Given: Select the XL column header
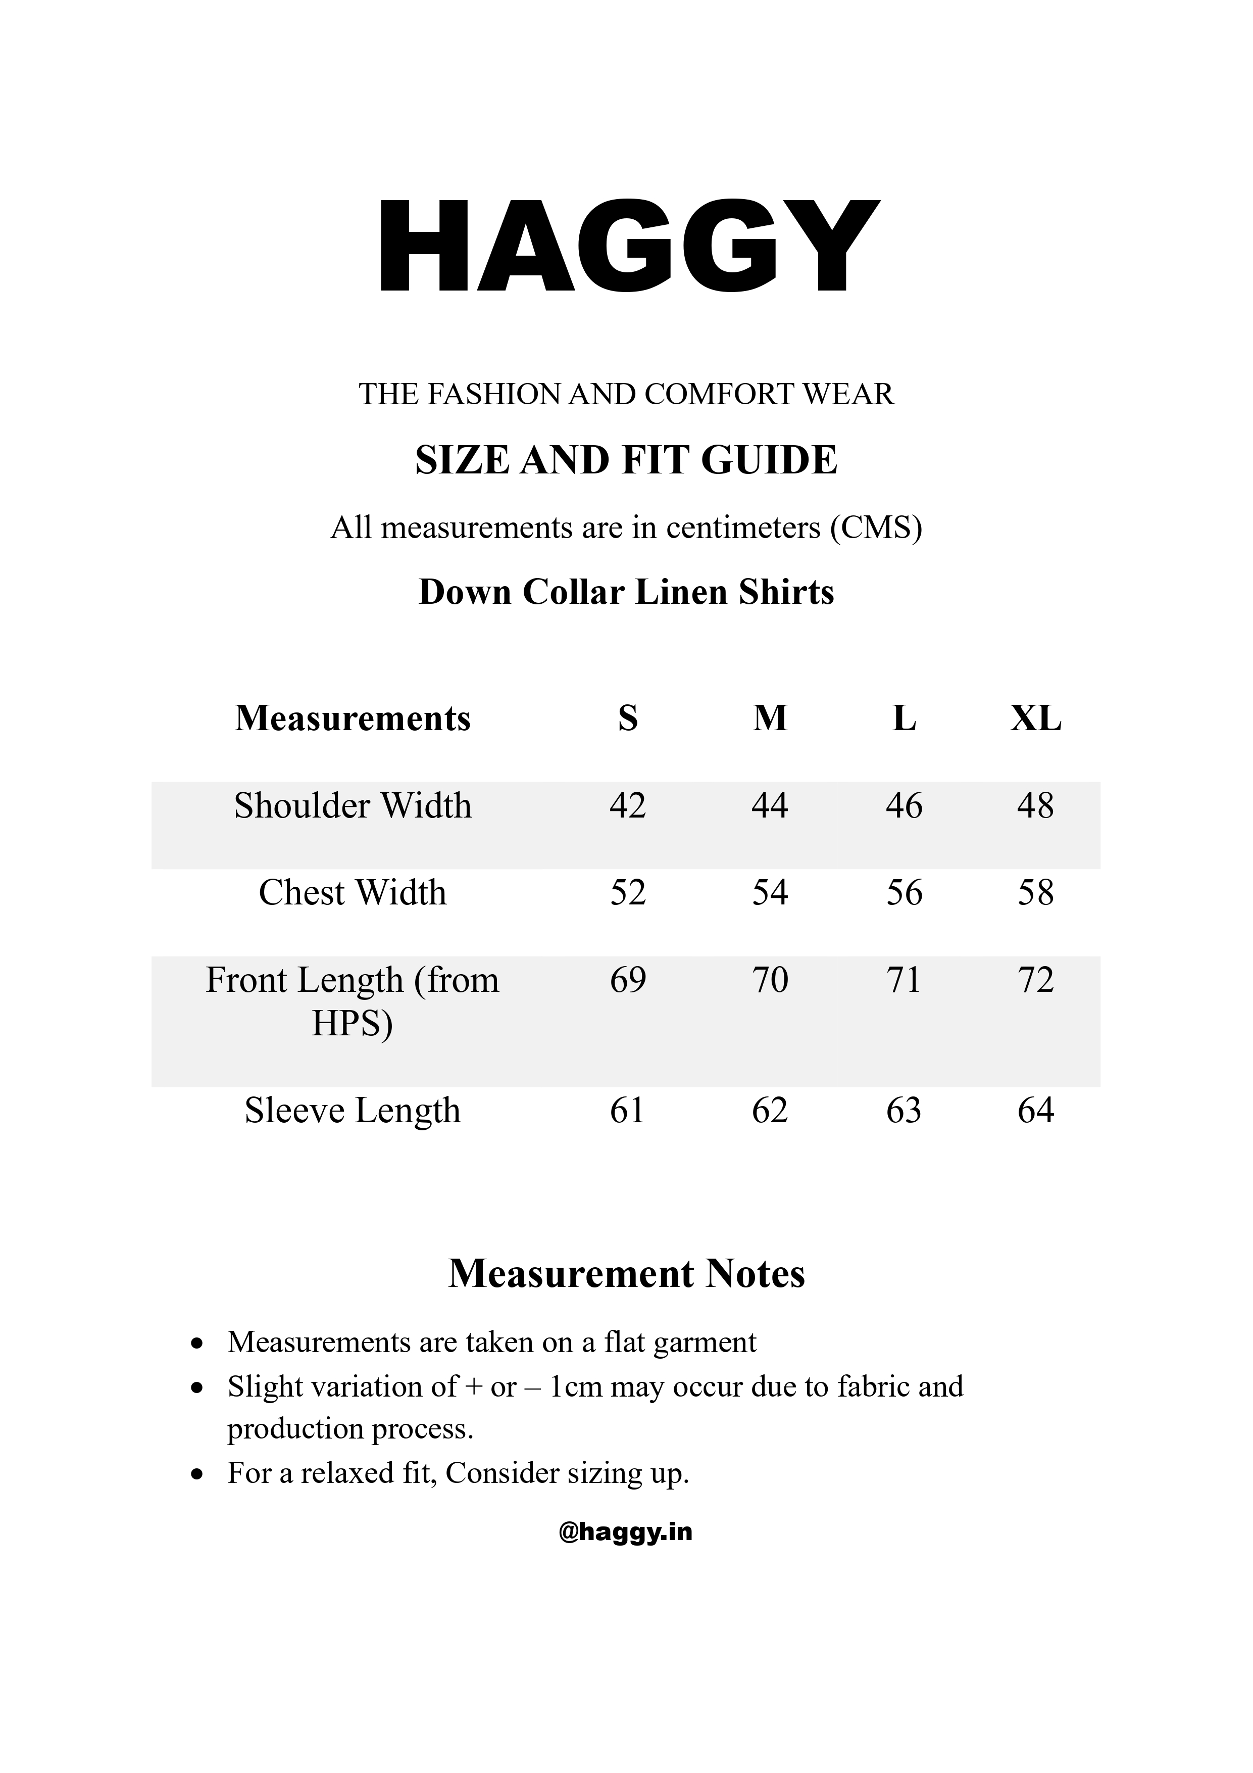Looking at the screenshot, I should click(1035, 719).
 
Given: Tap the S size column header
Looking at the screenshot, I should click(628, 719).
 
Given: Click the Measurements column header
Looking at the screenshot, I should click(353, 719).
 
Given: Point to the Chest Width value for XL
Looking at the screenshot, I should click(1035, 893).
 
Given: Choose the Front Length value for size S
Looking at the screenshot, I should click(628, 980).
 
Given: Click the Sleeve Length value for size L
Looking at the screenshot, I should click(904, 1111).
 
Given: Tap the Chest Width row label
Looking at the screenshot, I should click(353, 893).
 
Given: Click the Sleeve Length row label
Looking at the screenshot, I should click(353, 1111).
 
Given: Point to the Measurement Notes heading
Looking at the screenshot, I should click(626, 1275).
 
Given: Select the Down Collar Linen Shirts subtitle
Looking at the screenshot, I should click(626, 592).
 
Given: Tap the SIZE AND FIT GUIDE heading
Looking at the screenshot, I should click(626, 460).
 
